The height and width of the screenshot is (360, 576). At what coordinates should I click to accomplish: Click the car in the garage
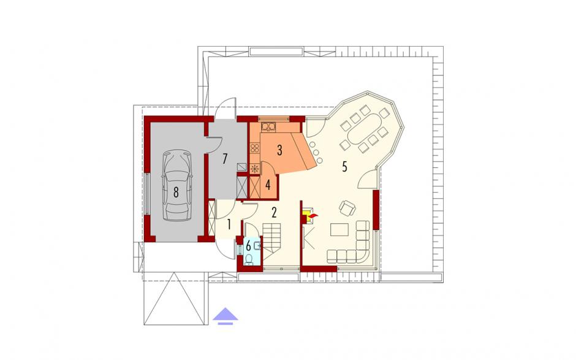pyautogui.click(x=176, y=185)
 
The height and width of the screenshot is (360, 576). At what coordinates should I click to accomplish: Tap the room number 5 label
pyautogui.click(x=344, y=167)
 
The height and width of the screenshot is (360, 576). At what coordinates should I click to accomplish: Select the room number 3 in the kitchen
pyautogui.click(x=279, y=150)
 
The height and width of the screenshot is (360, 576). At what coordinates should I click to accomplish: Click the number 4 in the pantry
pyautogui.click(x=268, y=185)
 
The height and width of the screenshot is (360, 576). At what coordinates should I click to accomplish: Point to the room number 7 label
pyautogui.click(x=225, y=159)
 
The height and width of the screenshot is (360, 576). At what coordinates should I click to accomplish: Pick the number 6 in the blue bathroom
pyautogui.click(x=248, y=245)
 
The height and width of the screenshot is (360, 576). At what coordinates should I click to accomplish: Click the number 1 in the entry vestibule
pyautogui.click(x=229, y=224)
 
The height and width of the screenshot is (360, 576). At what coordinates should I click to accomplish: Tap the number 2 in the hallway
pyautogui.click(x=274, y=212)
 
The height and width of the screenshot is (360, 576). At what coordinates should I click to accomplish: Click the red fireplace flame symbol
pyautogui.click(x=313, y=215)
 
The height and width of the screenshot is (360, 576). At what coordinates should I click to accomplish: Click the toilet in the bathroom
pyautogui.click(x=249, y=259)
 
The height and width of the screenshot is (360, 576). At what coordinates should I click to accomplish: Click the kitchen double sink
pyautogui.click(x=268, y=127)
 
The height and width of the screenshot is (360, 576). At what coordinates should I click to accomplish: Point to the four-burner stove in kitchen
pyautogui.click(x=255, y=148)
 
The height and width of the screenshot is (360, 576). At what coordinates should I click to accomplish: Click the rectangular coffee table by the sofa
pyautogui.click(x=339, y=230)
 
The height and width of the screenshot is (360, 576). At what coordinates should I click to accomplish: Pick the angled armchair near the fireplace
pyautogui.click(x=347, y=209)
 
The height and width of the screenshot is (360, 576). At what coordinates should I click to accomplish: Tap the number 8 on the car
pyautogui.click(x=176, y=191)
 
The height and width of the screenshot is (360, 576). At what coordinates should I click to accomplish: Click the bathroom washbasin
pyautogui.click(x=258, y=245)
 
